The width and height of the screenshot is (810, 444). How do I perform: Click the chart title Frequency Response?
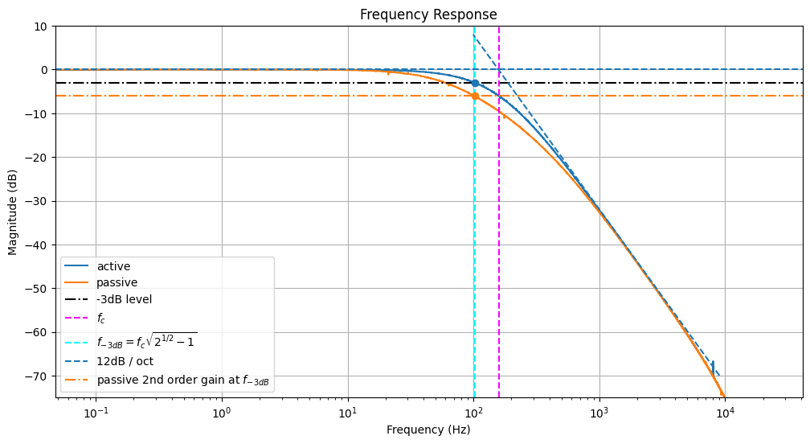[428, 14]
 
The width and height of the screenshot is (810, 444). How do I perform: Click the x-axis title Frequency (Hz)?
[428, 430]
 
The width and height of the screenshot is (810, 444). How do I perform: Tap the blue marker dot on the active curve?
[475, 83]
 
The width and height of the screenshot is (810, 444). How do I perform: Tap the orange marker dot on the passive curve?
[475, 96]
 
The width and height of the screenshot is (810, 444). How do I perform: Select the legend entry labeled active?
[113, 266]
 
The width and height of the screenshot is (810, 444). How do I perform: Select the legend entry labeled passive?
[117, 282]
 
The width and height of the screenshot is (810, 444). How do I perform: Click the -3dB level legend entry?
[125, 299]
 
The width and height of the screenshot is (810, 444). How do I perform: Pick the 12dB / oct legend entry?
[125, 361]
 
